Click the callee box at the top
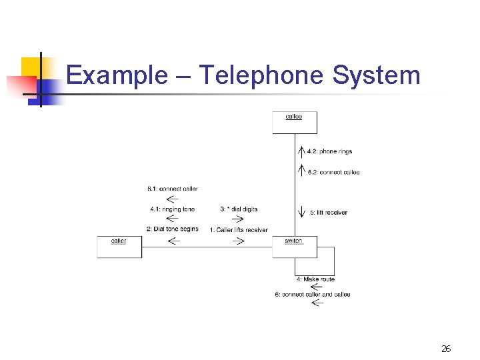coord(295,122)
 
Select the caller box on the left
coord(119,247)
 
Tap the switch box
coord(294,247)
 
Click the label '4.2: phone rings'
coord(329,152)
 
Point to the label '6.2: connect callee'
coord(333,172)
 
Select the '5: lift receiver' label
coord(329,213)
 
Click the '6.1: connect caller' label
coord(173,189)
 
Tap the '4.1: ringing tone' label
coord(173,209)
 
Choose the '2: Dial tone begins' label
coord(173,229)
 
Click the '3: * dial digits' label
coord(237,209)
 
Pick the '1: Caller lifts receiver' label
coord(238,230)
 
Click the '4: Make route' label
coord(319,279)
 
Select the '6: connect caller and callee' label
coord(312,294)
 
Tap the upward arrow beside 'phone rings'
coord(302,152)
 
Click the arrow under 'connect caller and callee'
coord(317,303)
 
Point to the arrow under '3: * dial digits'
coord(237,219)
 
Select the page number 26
coord(446,349)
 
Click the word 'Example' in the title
coord(117,75)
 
